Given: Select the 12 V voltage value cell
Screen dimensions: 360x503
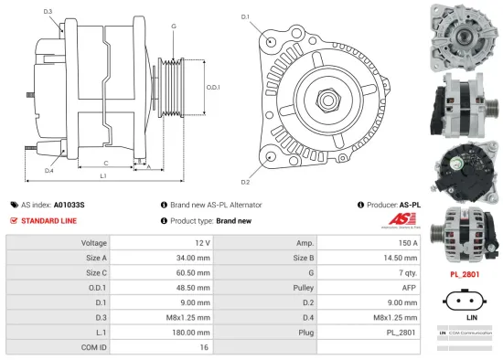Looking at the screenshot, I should tap(202, 243).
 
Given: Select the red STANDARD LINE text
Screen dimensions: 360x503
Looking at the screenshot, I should tap(50, 221).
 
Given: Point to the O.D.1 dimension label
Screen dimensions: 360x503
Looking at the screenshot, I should tap(212, 87).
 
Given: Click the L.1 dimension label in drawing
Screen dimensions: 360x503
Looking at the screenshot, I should tap(103, 175).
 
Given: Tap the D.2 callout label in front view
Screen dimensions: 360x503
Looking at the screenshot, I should tap(245, 169).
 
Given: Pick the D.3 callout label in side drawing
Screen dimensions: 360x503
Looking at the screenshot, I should tap(48, 11).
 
